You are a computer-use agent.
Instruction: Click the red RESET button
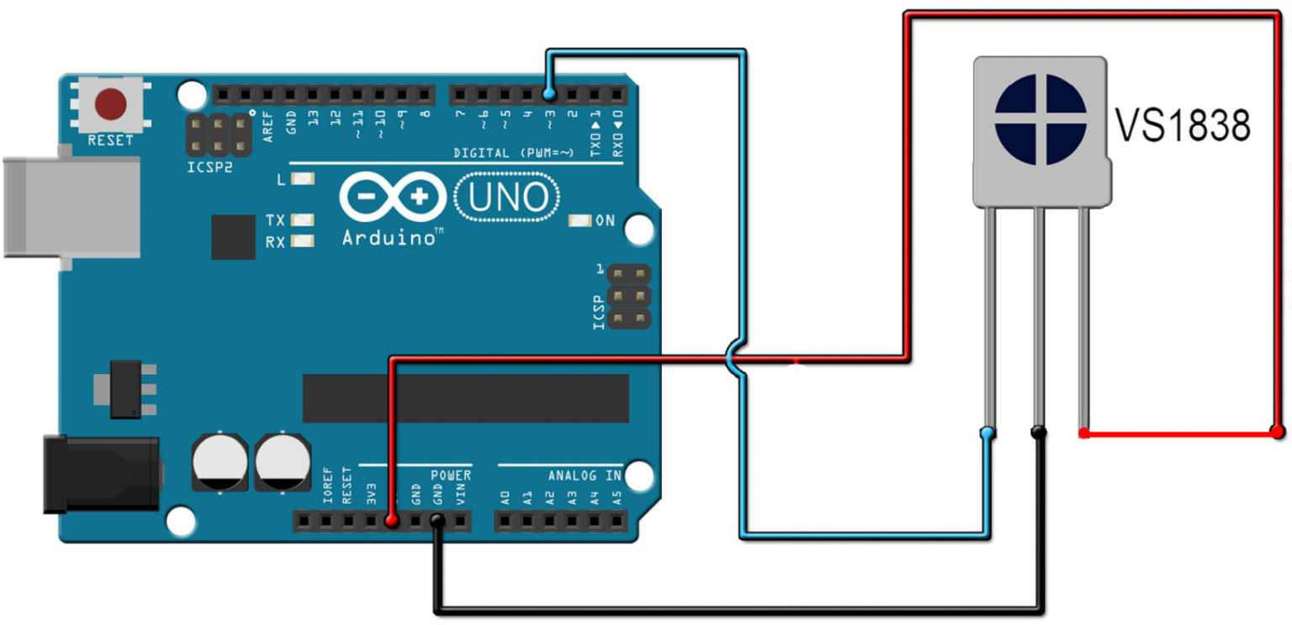pos(110,104)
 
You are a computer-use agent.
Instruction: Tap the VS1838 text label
pos(1183,126)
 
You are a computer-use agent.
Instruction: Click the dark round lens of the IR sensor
pos(1040,119)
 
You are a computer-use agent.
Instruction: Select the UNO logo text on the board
pos(506,198)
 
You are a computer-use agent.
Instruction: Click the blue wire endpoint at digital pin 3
pos(548,93)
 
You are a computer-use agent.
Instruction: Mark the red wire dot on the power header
pos(391,522)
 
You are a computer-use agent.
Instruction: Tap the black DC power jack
pos(101,474)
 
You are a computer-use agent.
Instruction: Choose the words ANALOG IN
pos(585,475)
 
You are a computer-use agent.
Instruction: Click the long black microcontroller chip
pos(465,399)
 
